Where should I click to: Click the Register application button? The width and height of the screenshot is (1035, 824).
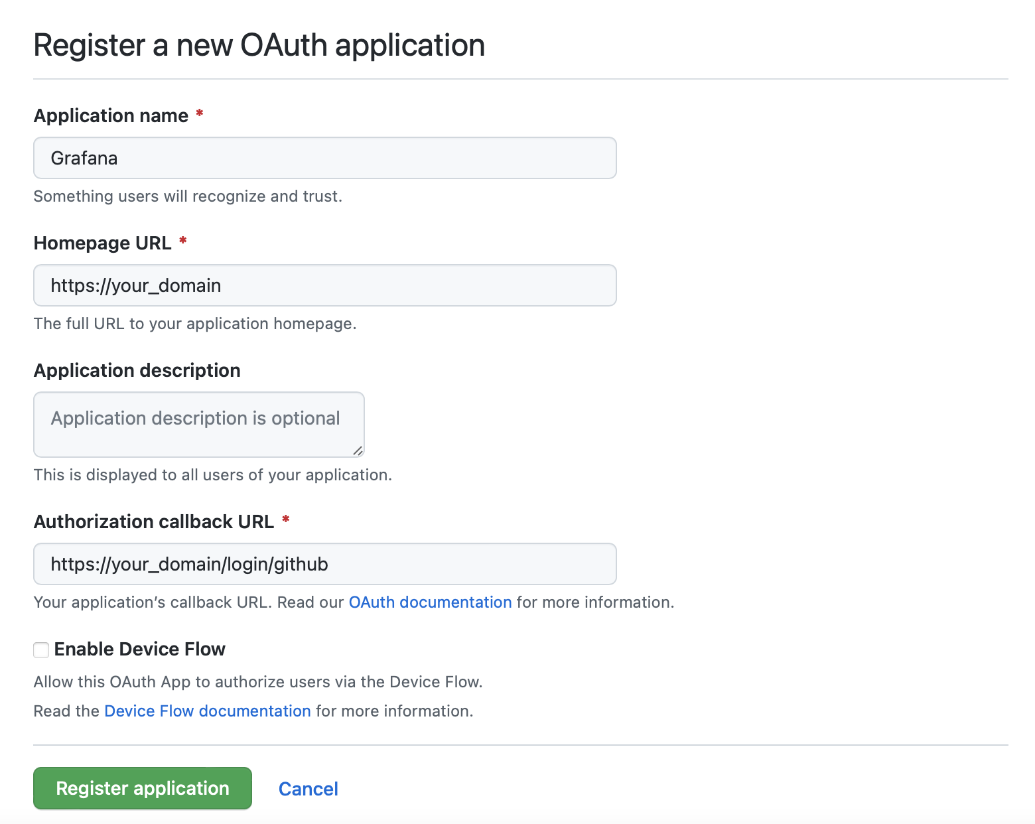(143, 788)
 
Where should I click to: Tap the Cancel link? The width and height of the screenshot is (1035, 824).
(309, 789)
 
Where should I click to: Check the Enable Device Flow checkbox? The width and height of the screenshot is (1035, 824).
(41, 650)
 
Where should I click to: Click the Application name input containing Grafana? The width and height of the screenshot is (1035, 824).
(324, 158)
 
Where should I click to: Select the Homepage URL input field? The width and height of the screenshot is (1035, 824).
(324, 285)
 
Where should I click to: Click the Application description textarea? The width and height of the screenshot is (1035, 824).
(198, 424)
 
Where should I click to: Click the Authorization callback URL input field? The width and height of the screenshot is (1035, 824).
(324, 564)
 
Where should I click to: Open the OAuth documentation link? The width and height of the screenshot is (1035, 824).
(430, 602)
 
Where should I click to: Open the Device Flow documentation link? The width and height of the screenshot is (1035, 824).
(207, 711)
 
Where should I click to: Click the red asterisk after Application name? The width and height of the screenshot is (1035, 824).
(200, 113)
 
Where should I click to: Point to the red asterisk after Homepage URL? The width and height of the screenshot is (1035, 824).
(182, 241)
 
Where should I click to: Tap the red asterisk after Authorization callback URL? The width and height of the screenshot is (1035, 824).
(286, 519)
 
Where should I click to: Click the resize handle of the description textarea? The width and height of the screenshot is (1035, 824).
(358, 450)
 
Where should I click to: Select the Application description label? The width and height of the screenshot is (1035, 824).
(137, 370)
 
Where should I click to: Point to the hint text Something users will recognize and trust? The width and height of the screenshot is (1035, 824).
(188, 196)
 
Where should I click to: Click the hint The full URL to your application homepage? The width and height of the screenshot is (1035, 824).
(195, 324)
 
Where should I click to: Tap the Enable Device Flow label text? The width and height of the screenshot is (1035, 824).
(139, 650)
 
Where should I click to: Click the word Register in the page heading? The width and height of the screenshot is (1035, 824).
(90, 45)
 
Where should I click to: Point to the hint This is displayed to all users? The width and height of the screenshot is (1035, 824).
(212, 475)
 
